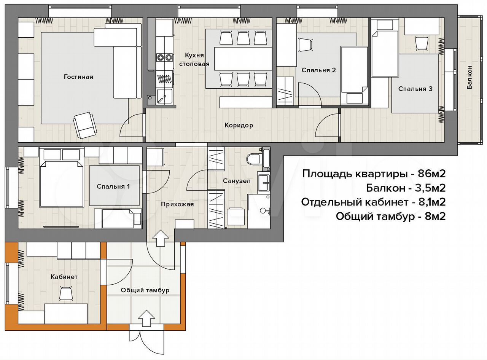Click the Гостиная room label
[78, 77]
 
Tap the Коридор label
[239, 126]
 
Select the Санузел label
[237, 181]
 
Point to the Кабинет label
[64, 277]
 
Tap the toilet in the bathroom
[254, 159]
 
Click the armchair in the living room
[85, 125]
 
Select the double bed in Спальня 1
[62, 184]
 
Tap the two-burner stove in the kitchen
[164, 57]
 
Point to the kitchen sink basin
[164, 97]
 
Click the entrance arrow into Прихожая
[161, 238]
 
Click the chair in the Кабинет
[66, 293]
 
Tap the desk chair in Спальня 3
[422, 44]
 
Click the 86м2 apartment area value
[431, 174]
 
